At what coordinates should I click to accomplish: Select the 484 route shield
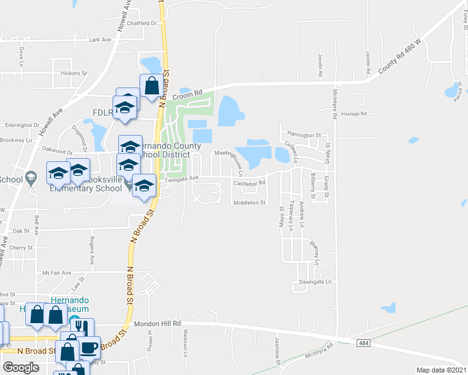click(364, 343)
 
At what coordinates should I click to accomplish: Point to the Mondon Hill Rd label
click(157, 324)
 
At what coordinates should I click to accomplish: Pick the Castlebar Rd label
click(250, 183)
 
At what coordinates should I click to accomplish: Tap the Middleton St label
click(250, 202)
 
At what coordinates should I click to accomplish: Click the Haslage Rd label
click(354, 114)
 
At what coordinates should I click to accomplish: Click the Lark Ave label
click(99, 39)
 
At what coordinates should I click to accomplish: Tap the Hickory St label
click(74, 73)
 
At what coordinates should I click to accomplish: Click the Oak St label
click(39, 231)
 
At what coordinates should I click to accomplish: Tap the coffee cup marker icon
click(89, 347)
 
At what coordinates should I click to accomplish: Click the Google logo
click(21, 367)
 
